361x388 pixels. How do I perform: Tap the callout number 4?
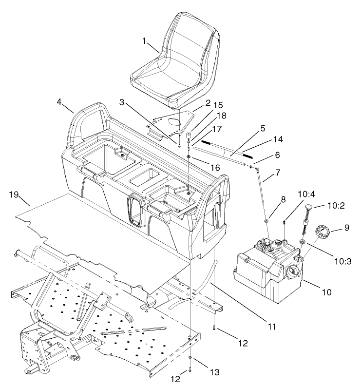point(59,103)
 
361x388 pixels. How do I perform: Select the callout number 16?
point(214,168)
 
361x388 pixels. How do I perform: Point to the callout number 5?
point(263,129)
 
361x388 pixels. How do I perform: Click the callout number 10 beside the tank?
point(326,292)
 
